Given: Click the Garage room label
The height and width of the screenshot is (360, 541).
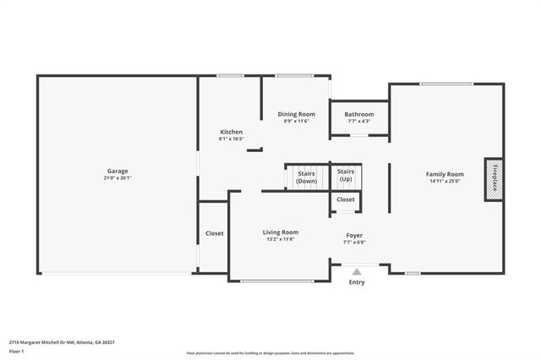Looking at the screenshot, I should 117,170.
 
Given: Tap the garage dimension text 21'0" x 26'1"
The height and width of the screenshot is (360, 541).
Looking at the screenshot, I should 117,178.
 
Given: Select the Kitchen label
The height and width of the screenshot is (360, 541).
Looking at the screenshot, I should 231,132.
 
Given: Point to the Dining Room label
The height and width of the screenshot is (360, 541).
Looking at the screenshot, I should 297,114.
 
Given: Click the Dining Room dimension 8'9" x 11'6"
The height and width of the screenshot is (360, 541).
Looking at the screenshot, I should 297,122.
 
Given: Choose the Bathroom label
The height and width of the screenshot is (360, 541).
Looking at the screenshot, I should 359,114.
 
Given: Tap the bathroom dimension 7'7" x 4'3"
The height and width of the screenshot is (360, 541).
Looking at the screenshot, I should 359,122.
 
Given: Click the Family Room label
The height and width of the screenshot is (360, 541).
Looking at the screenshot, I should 445,173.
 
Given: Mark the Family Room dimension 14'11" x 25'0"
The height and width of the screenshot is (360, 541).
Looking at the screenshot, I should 445,181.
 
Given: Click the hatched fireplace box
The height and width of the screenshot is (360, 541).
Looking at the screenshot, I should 494,178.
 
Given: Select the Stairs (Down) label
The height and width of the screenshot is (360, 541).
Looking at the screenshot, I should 306,177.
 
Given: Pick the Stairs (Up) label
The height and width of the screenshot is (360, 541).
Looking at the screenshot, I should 346,176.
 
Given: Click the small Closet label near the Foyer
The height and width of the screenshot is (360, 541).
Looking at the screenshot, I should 346,199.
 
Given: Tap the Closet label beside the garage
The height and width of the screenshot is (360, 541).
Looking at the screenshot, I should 215,233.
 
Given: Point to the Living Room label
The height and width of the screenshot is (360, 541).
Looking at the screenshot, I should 280,232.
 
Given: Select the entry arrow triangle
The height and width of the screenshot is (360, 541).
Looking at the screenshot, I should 357,271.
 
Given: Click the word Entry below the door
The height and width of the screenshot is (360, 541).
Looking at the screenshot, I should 357,282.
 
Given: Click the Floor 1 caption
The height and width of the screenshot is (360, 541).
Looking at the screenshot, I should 16,351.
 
